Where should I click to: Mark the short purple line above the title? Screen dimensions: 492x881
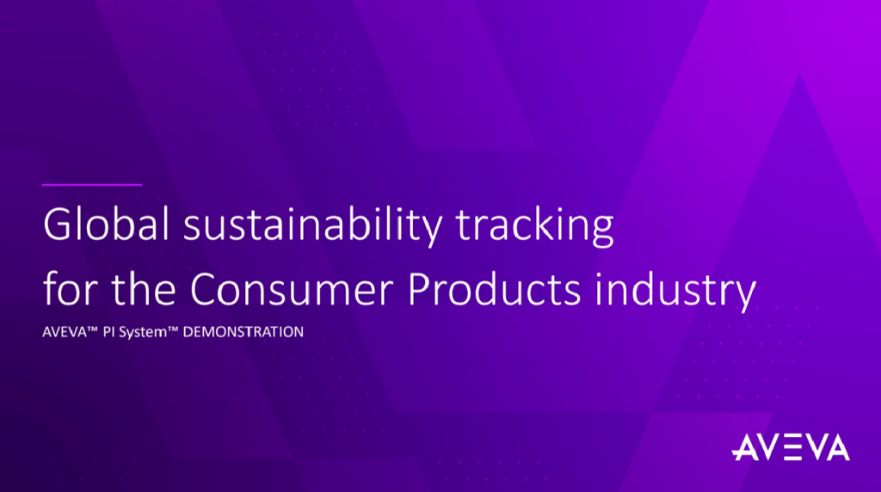(92, 184)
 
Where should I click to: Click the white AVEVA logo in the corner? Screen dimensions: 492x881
(791, 448)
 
